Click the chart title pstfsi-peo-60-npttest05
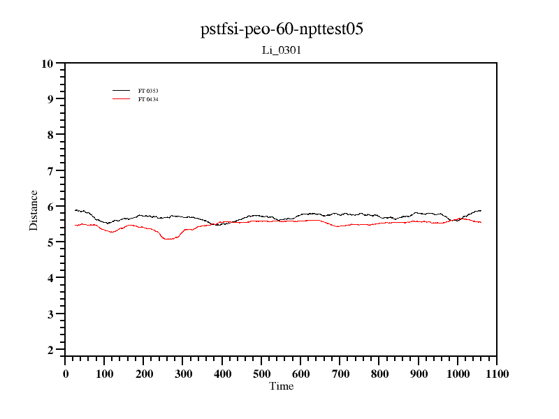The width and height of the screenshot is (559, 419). point(282,29)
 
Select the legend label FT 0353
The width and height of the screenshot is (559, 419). point(148,91)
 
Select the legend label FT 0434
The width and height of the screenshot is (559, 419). point(148,99)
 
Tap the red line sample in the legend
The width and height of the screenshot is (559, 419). point(122,99)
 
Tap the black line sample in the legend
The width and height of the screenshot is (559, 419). point(122,91)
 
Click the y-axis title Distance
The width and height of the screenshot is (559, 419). point(34,210)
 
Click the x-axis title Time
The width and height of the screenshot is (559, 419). point(282,386)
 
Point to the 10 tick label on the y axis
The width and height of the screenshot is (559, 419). point(48,64)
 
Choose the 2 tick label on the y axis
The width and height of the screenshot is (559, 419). point(50,350)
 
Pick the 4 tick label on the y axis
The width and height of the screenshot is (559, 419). point(50,278)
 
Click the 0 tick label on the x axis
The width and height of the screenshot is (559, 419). point(66,374)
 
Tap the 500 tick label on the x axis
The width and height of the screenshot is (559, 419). point(261,374)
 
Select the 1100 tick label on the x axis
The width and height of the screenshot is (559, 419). point(496,374)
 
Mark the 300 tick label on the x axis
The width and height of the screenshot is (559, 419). point(183,374)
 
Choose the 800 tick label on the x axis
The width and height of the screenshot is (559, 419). point(379,374)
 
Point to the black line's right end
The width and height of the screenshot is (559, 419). point(481,210)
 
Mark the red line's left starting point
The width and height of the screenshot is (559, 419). point(75,225)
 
